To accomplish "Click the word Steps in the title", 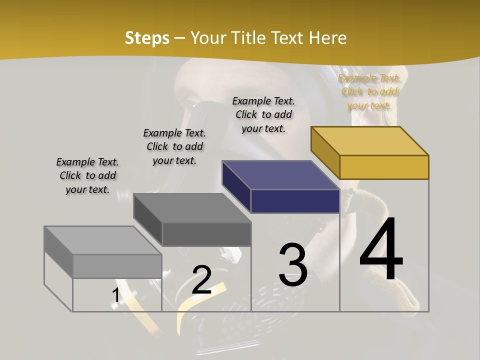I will (147, 38).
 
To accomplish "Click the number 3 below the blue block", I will (292, 265).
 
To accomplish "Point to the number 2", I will (201, 280).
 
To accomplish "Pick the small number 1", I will (115, 295).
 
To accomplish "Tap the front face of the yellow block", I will (384, 167).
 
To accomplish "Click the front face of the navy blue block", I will (295, 201).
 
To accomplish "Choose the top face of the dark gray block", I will (192, 208).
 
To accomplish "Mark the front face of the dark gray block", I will (206, 234).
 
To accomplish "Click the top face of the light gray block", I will (102, 240).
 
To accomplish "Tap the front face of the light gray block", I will (117, 266).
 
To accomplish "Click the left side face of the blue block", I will (236, 186).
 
